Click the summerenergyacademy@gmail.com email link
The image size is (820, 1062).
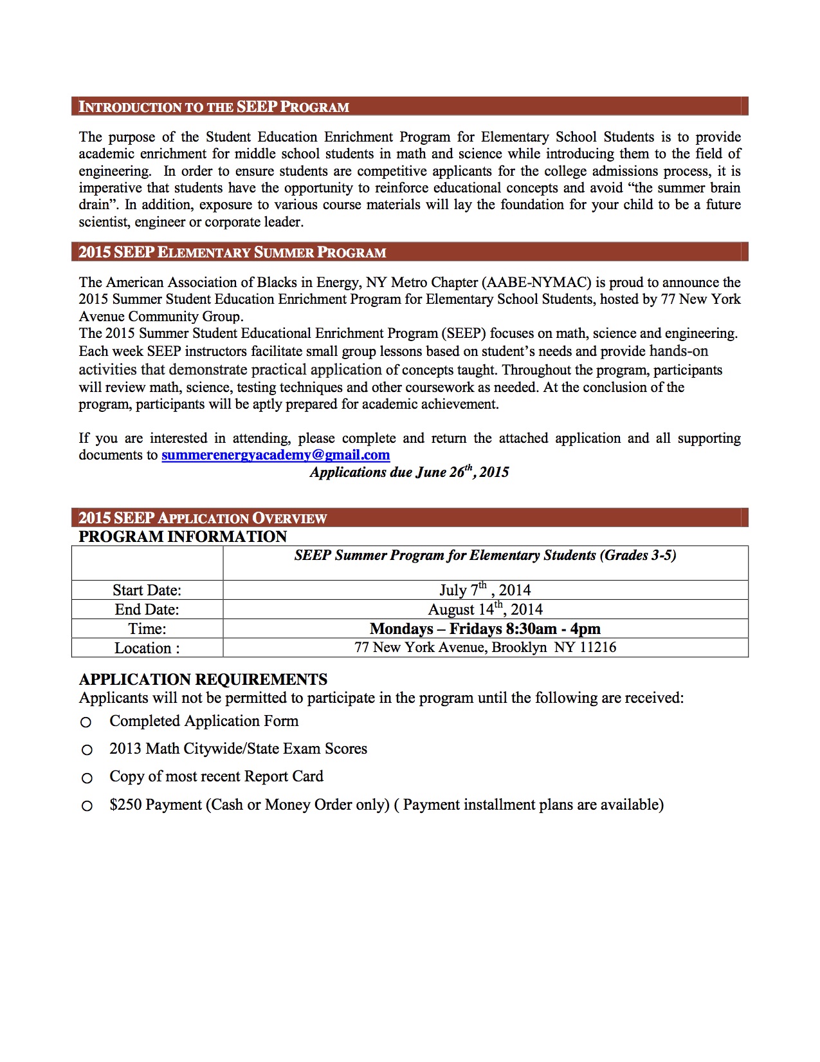click(x=275, y=455)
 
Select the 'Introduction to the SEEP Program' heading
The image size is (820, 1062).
click(x=214, y=107)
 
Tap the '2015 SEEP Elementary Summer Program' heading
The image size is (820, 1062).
click(x=232, y=252)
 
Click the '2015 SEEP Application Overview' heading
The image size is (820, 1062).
click(x=203, y=518)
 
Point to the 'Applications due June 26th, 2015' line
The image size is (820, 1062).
click(x=409, y=472)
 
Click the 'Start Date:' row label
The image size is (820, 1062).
click(x=147, y=590)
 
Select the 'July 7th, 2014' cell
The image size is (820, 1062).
click(x=485, y=590)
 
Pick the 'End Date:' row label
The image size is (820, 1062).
click(x=147, y=610)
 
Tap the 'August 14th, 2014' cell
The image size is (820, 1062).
click(x=485, y=610)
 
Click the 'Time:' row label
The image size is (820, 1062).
click(x=147, y=629)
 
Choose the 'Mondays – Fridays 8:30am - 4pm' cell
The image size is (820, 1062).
click(x=485, y=629)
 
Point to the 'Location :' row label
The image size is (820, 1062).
click(x=147, y=648)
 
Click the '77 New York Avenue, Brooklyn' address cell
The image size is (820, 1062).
click(x=485, y=647)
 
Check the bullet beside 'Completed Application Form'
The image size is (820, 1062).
click(x=86, y=723)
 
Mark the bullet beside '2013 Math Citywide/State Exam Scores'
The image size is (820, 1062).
click(x=86, y=750)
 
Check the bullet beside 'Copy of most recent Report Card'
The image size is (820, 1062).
click(x=86, y=778)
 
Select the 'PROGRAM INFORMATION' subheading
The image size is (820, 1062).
click(x=183, y=537)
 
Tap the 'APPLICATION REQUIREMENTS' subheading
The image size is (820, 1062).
click(x=203, y=680)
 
